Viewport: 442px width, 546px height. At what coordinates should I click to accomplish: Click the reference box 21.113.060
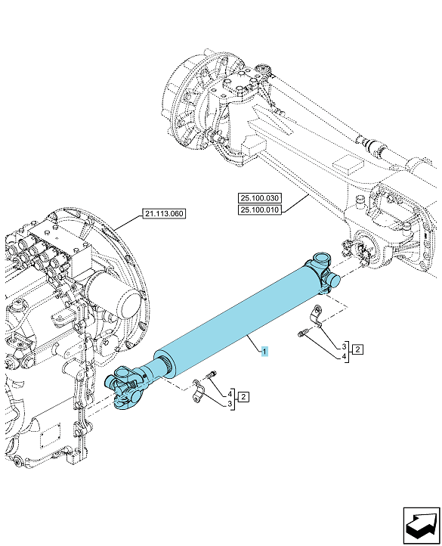tap(164, 213)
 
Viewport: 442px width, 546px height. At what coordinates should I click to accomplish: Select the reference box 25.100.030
tap(260, 198)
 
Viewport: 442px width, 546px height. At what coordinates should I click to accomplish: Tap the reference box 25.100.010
tap(260, 209)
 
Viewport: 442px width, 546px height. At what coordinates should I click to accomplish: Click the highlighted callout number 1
tap(264, 352)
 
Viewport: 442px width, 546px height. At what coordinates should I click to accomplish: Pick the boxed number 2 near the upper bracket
tap(358, 349)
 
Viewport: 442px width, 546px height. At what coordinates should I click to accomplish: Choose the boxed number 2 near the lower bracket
tap(243, 396)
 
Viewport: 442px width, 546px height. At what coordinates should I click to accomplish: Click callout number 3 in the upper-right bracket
tap(344, 346)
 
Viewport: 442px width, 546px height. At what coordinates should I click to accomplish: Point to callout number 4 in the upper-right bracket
tap(344, 356)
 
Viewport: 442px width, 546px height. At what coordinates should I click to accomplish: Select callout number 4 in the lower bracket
tap(230, 394)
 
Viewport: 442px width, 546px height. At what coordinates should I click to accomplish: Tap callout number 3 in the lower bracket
tap(230, 404)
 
